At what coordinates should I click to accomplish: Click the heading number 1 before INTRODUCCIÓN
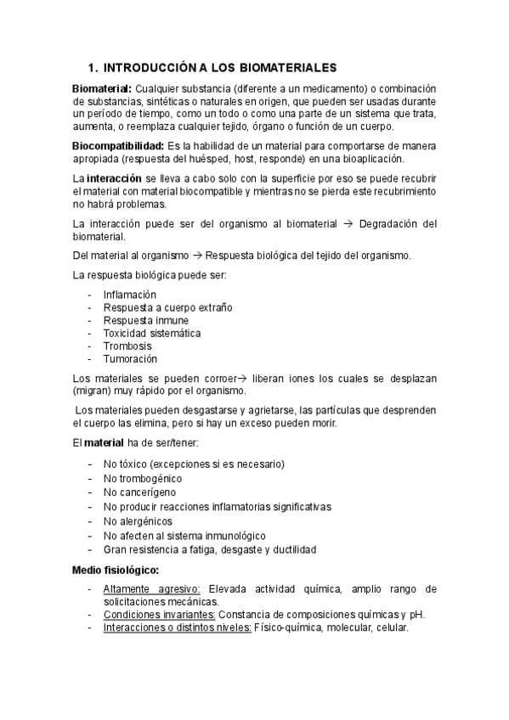[92, 67]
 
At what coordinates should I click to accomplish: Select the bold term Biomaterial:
[102, 89]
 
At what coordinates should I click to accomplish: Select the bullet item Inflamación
[130, 295]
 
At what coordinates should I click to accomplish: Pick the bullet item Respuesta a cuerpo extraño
[167, 307]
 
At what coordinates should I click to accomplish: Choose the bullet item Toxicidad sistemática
[152, 333]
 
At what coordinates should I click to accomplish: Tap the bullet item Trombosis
[127, 346]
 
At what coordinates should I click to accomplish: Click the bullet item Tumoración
[130, 358]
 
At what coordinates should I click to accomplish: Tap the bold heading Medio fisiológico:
[116, 571]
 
